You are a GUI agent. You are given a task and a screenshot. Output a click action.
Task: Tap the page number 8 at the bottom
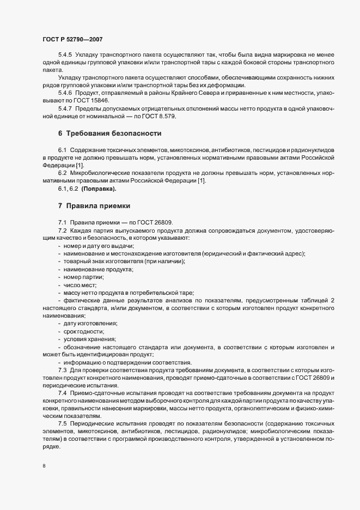44,466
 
